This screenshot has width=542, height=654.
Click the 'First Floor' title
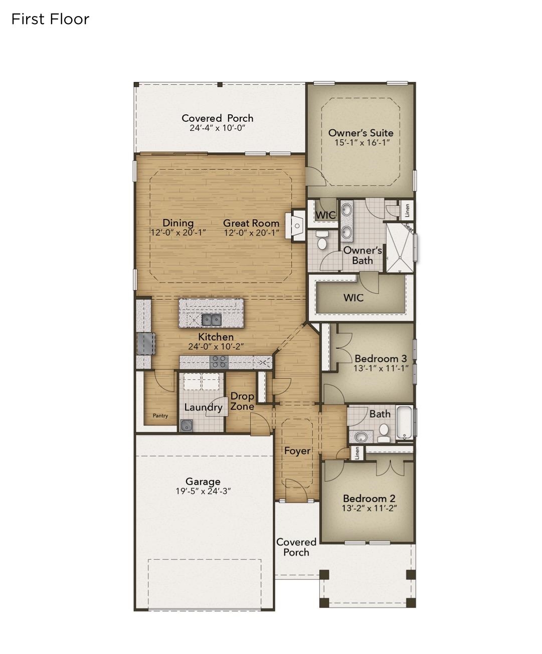tap(50, 19)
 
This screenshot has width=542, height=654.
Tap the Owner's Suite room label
tap(360, 133)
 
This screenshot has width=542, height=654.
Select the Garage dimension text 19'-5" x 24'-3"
tap(203, 491)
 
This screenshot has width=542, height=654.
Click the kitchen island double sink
tap(211, 319)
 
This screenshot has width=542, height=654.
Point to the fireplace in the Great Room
tap(295, 226)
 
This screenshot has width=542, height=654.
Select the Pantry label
tap(160, 415)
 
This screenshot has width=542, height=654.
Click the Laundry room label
tap(203, 407)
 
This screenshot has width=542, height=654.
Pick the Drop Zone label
tap(242, 401)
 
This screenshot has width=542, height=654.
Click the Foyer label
tap(297, 451)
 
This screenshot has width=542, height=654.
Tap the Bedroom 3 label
tap(381, 358)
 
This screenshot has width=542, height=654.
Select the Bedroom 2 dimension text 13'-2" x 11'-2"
tap(369, 508)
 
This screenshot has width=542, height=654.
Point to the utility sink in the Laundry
tap(187, 425)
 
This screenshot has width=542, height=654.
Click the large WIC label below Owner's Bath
tap(353, 298)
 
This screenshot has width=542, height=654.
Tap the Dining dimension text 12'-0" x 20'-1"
tap(178, 233)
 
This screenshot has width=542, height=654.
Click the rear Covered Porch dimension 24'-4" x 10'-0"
tap(217, 128)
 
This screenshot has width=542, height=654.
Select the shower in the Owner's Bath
tap(400, 248)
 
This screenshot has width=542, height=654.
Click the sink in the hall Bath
tap(360, 437)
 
